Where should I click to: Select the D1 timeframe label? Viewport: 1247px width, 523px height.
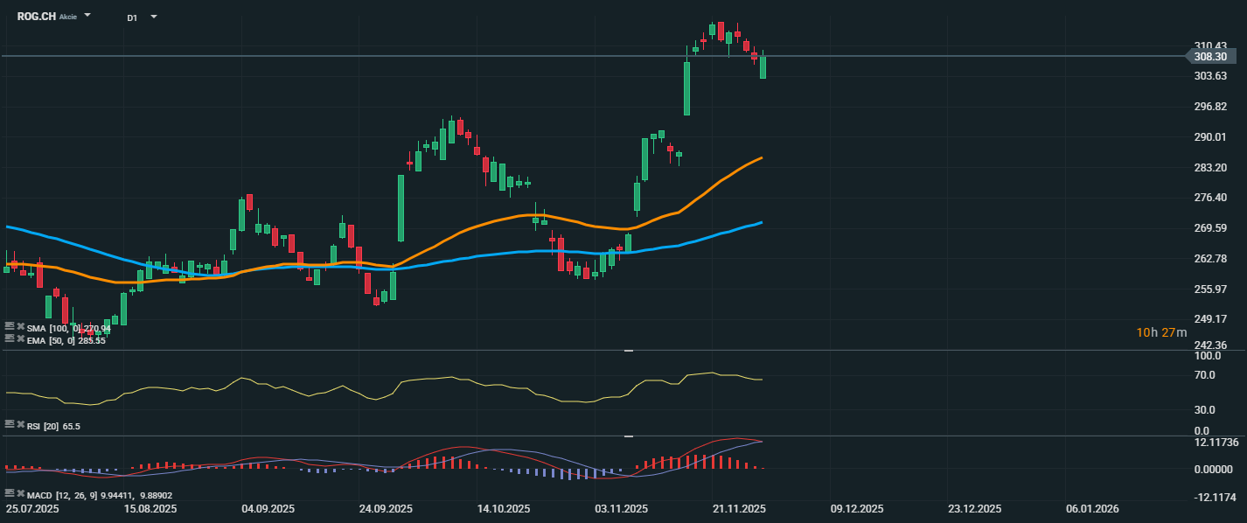(131, 17)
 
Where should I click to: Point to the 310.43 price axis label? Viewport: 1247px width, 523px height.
(1210, 45)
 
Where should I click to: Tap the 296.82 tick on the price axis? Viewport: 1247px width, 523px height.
(1210, 107)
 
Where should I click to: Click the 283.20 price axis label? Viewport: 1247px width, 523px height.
(1210, 168)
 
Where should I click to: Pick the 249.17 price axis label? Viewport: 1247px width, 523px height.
(1210, 319)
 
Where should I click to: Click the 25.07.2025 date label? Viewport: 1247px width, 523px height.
(31, 508)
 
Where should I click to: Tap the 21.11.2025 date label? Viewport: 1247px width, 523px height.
(739, 508)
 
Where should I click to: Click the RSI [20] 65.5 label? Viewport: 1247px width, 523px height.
(53, 426)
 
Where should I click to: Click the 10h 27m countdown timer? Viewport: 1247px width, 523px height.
(1161, 332)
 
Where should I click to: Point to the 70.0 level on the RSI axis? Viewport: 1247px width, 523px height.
(1205, 375)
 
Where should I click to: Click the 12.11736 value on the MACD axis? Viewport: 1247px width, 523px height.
(1216, 443)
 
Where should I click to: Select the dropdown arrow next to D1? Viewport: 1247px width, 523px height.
(154, 17)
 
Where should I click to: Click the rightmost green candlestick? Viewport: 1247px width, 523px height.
(763, 67)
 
